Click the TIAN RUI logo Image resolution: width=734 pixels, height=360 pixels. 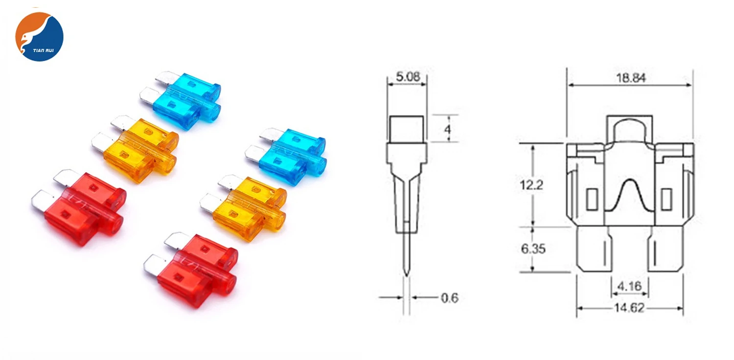(39, 37)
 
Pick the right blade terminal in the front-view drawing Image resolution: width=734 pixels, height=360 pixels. (665, 249)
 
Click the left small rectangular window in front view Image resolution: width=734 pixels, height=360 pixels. (592, 199)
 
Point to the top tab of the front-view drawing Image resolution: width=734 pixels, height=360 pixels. (630, 128)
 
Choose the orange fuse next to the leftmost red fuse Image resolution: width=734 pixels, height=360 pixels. (139, 147)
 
